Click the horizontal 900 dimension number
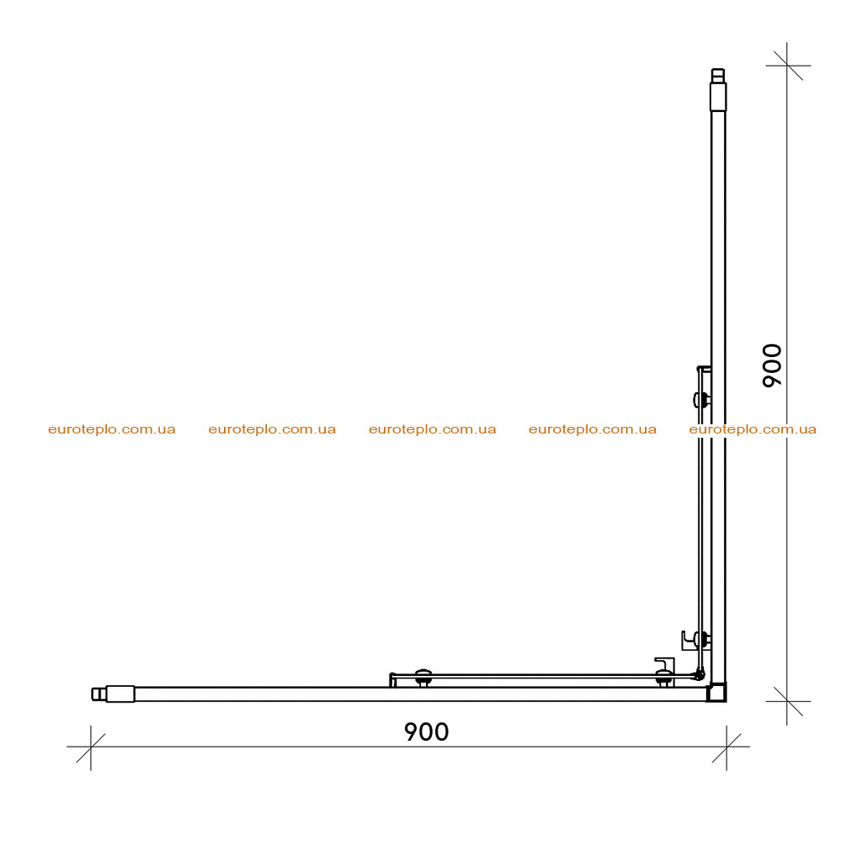pyautogui.click(x=427, y=732)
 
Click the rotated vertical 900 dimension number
pyautogui.click(x=773, y=365)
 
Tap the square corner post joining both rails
pyautogui.click(x=716, y=692)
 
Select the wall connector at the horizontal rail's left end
pyautogui.click(x=114, y=694)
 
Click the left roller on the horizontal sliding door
pyautogui.click(x=423, y=678)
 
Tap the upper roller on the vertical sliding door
pyautogui.click(x=701, y=400)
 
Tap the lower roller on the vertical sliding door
pyautogui.click(x=703, y=640)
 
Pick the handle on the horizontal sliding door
pyautogui.click(x=665, y=664)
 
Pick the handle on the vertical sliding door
pyautogui.click(x=689, y=641)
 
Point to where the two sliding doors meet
pyautogui.click(x=700, y=673)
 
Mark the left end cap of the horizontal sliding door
pyautogui.click(x=392, y=680)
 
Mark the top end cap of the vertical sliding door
pyautogui.click(x=704, y=369)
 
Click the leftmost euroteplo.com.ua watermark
pyautogui.click(x=112, y=429)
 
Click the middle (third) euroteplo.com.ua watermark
pyautogui.click(x=433, y=429)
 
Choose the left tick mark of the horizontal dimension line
pyautogui.click(x=91, y=748)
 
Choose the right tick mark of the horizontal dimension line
pyautogui.click(x=726, y=748)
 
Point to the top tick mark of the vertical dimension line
pyautogui.click(x=787, y=66)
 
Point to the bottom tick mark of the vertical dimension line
pyautogui.click(x=787, y=701)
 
